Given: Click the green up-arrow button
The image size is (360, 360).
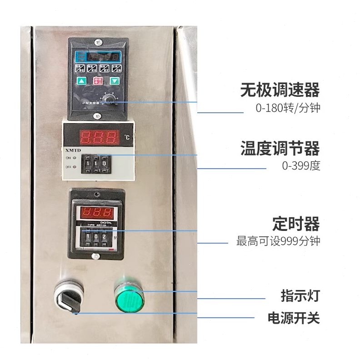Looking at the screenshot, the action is coord(82,81).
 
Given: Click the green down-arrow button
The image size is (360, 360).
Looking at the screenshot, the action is coord(115,81).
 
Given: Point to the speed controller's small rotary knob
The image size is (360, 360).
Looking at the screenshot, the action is coord(108,100).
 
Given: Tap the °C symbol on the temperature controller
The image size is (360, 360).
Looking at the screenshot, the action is coord(126,137).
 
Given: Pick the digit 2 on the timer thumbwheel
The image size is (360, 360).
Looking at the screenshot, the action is coord(104,236).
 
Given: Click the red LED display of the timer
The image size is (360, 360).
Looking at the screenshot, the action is coord(96,212).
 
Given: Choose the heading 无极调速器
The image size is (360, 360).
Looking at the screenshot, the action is coord(280,90).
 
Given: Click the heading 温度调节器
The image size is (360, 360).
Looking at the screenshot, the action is coord(280,149).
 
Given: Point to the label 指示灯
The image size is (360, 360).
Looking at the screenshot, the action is coord(300,296).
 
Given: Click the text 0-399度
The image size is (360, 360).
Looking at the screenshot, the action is coord(301,166).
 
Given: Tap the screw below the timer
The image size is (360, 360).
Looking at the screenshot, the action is coord(95,256).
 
